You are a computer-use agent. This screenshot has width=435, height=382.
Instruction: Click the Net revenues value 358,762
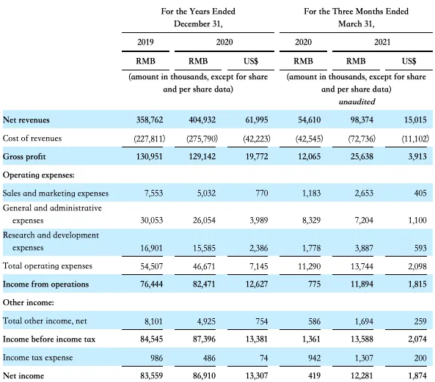coord(150,120)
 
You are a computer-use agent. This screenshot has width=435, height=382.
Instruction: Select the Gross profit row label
coord(24,157)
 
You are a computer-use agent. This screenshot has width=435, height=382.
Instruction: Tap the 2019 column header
coord(145,42)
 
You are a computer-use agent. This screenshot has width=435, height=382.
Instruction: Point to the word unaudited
coord(357,102)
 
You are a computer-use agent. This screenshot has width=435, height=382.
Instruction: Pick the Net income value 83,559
coord(151,375)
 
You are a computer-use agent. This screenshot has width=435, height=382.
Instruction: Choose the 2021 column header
coord(382,42)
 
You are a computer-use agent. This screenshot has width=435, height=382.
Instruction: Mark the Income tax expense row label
coord(37,358)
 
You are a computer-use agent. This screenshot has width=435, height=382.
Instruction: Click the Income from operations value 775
coord(314,284)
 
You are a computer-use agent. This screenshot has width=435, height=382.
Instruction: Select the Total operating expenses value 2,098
coord(417,266)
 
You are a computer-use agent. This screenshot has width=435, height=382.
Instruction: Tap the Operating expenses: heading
coord(39,175)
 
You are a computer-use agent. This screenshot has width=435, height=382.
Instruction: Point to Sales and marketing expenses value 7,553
coord(153,194)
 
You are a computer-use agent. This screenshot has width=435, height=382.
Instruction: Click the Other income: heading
coord(29,302)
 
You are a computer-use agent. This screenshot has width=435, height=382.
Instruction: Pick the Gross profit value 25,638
coord(362,157)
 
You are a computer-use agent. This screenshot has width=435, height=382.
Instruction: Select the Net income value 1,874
coord(417,375)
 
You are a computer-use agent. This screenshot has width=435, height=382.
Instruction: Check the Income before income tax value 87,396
coord(204,339)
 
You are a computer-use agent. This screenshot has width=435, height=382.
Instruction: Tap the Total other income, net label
coord(45,320)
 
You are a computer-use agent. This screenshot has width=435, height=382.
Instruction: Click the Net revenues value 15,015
coord(415,120)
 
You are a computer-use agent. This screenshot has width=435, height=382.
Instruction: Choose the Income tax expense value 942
coord(314,358)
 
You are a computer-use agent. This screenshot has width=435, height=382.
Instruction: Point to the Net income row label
coord(23,375)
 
